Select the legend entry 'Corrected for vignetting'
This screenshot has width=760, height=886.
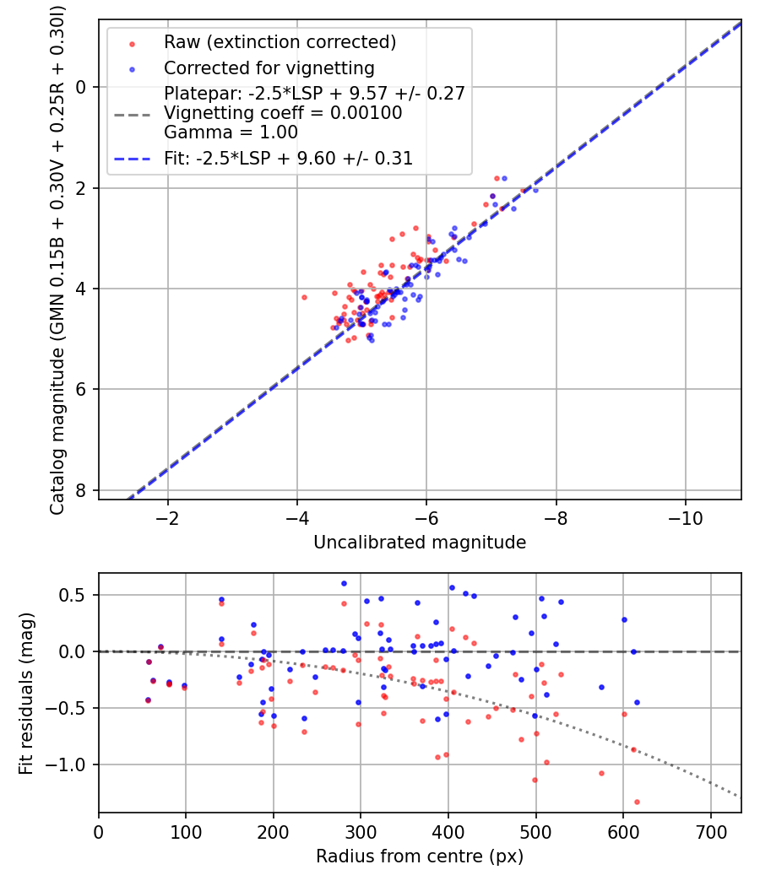(269, 68)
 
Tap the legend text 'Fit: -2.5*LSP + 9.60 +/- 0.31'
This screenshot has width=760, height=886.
(288, 158)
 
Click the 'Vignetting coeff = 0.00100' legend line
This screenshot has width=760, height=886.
(283, 113)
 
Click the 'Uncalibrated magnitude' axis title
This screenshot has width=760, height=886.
(420, 543)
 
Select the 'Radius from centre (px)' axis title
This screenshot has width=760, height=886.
(420, 856)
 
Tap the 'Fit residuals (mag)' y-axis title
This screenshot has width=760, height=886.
(26, 694)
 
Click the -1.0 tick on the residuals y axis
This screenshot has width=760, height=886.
(70, 764)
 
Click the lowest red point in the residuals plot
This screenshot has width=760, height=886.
(637, 802)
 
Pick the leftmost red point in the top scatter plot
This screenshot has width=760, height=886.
(304, 297)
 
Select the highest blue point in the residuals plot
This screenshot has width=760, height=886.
(344, 583)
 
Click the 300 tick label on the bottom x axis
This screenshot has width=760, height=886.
(361, 831)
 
